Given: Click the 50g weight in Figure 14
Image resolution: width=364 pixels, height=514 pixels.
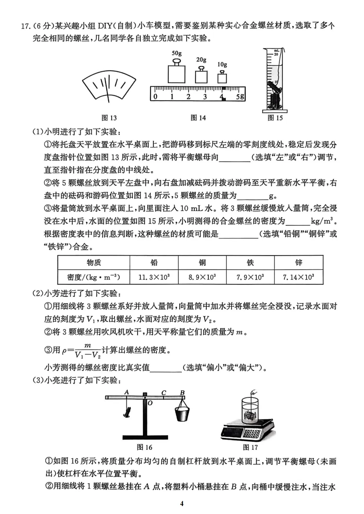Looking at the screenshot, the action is pyautogui.click(x=177, y=72).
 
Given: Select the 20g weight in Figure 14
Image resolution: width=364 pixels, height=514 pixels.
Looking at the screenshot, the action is pyautogui.click(x=201, y=76).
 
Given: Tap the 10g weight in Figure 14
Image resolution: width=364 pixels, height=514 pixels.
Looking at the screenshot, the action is pyautogui.click(x=222, y=77).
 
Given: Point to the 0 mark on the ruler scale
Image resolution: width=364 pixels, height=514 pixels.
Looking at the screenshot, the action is pyautogui.click(x=155, y=97).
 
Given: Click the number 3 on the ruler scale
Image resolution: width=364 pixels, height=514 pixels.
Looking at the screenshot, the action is pyautogui.click(x=205, y=97).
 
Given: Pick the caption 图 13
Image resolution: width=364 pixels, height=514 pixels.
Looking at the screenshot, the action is pyautogui.click(x=109, y=118).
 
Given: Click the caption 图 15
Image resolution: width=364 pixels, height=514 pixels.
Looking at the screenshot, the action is pyautogui.click(x=275, y=118).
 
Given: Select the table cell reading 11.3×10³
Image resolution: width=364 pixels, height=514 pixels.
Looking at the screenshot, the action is pyautogui.click(x=154, y=277).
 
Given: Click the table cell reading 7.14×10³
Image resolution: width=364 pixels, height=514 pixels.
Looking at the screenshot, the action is pyautogui.click(x=299, y=277).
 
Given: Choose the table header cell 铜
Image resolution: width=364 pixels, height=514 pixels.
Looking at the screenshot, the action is pyautogui.click(x=202, y=262).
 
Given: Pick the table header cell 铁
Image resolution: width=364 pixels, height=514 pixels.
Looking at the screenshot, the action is pyautogui.click(x=250, y=262).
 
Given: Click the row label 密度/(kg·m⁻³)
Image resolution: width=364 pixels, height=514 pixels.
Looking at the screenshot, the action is pyautogui.click(x=94, y=277).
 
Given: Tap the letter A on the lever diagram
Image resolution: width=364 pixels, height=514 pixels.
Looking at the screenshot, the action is pyautogui.click(x=127, y=392).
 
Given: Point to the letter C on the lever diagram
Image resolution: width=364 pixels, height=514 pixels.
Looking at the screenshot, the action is pyautogui.click(x=164, y=393).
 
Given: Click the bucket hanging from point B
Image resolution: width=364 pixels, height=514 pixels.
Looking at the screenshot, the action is pyautogui.click(x=182, y=414).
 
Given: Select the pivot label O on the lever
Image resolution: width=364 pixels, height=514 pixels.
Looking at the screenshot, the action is pyautogui.click(x=150, y=403).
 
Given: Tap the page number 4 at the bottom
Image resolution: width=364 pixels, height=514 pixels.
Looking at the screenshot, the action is pyautogui.click(x=182, y=504).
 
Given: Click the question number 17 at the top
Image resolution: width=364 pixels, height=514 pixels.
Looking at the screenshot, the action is pyautogui.click(x=26, y=26).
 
